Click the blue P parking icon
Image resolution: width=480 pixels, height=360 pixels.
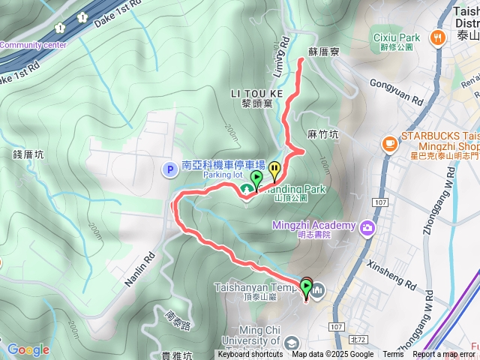click(x=170, y=169)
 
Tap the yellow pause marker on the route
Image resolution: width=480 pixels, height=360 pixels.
click(x=275, y=169)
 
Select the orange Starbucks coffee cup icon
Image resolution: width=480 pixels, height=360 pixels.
click(x=389, y=142)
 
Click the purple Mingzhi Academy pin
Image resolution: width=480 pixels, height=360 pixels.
click(x=367, y=226)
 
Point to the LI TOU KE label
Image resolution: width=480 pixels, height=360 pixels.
click(x=256, y=93)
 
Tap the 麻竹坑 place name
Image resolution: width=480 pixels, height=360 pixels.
click(x=323, y=135)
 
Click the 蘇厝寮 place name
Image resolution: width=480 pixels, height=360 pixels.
click(x=325, y=52)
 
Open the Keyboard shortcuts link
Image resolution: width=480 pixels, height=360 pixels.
click(x=250, y=355)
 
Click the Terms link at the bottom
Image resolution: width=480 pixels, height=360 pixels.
click(x=393, y=355)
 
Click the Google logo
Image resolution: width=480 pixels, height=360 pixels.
click(x=28, y=349)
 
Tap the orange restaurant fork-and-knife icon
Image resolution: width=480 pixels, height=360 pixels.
click(x=436, y=37)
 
